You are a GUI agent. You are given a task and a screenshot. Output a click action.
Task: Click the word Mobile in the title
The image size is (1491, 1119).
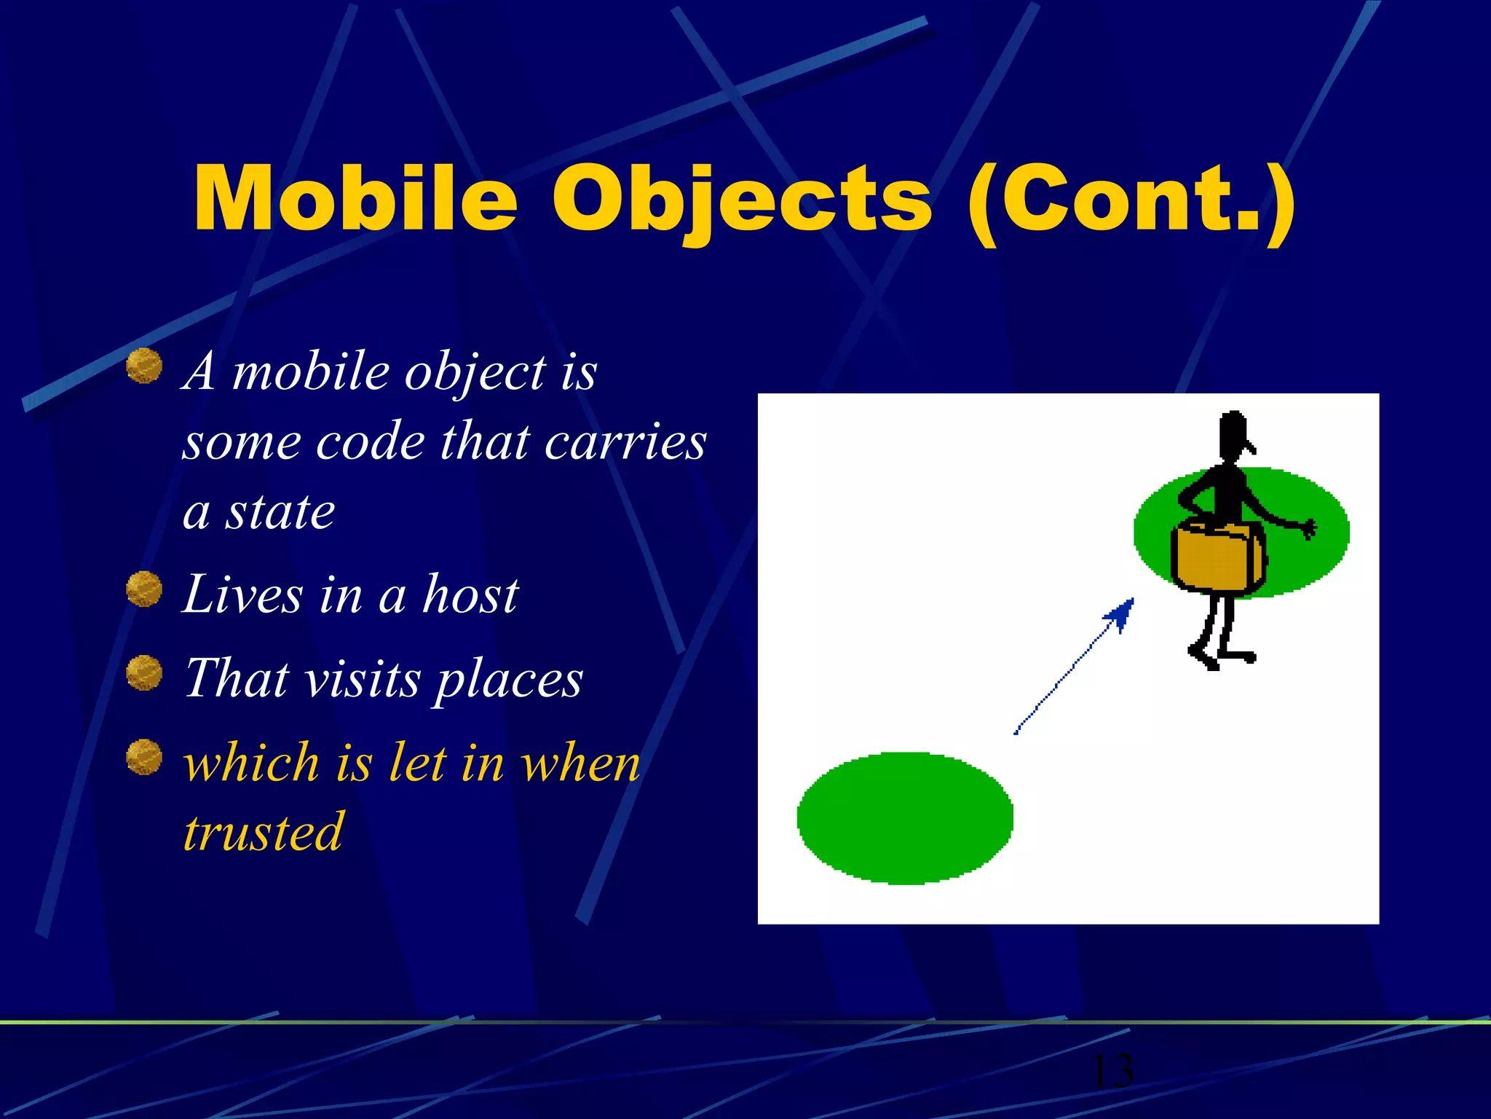click(x=355, y=199)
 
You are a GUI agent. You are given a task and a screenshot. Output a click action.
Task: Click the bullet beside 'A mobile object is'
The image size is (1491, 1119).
click(x=144, y=366)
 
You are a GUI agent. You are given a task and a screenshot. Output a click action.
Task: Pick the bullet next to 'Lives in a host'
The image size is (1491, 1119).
click(x=144, y=589)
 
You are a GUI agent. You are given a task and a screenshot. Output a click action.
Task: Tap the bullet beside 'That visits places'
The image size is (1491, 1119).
click(x=144, y=672)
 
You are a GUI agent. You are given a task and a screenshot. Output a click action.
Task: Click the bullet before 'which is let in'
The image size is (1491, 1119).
click(x=144, y=757)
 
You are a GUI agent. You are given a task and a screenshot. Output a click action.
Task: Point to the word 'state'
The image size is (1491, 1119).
click(x=280, y=512)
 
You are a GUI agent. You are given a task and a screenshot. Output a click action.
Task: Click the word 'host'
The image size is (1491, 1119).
click(x=471, y=594)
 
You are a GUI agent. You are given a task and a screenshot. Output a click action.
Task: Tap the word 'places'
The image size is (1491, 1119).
click(x=510, y=680)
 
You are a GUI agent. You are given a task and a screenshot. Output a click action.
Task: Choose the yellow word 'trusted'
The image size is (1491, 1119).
click(x=263, y=832)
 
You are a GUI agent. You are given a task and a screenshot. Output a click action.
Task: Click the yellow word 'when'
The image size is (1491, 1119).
click(x=581, y=763)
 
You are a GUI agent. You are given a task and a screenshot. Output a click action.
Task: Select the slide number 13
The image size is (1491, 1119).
click(x=1112, y=1071)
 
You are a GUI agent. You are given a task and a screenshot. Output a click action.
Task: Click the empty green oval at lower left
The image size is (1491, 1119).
click(x=905, y=818)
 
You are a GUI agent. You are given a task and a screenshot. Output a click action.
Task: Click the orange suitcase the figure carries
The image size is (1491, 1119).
click(x=1217, y=557)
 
